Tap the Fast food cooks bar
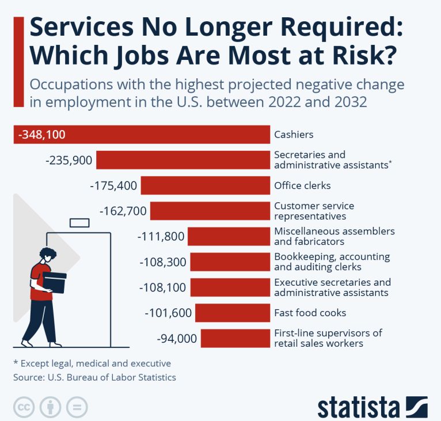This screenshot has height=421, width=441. click(x=233, y=313)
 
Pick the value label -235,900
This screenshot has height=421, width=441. click(x=69, y=160)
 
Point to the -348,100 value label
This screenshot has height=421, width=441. click(x=42, y=135)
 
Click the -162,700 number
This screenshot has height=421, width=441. click(x=123, y=211)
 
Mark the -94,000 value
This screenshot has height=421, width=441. click(x=176, y=338)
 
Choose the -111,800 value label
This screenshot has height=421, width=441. click(x=161, y=236)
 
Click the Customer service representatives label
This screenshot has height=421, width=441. click(x=314, y=211)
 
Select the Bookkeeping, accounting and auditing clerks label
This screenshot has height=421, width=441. click(x=332, y=261)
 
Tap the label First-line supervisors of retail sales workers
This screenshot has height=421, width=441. click(x=328, y=338)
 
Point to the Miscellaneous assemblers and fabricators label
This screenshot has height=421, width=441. click(x=334, y=236)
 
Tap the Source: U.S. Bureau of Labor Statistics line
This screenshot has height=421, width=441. click(x=94, y=377)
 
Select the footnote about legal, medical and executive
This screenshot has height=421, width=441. click(x=92, y=363)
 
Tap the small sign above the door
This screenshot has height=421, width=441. click(x=79, y=222)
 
